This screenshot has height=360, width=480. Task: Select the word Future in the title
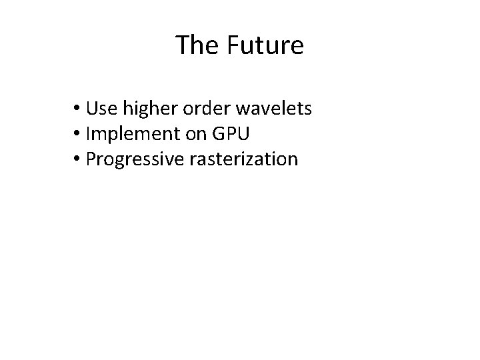pyautogui.click(x=265, y=46)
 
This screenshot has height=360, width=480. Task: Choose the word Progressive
pyautogui.click(x=133, y=160)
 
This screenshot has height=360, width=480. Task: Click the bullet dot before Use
pyautogui.click(x=78, y=109)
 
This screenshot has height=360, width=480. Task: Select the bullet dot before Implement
pyautogui.click(x=78, y=135)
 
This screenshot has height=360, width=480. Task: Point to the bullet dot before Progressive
pyautogui.click(x=78, y=160)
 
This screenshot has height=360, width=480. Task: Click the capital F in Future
pyautogui.click(x=233, y=46)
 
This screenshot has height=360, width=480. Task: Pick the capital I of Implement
pyautogui.click(x=88, y=134)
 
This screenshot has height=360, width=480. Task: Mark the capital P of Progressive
pyautogui.click(x=91, y=159)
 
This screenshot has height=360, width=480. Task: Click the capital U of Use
pyautogui.click(x=91, y=108)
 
